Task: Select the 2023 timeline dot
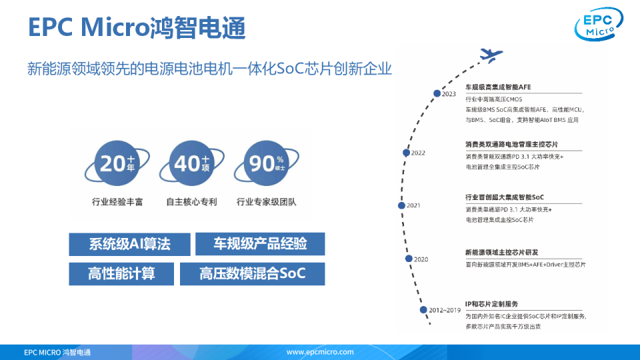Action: click(437, 93)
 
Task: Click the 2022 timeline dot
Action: click(406, 153)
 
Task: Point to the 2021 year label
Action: click(413, 205)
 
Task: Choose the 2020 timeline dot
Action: click(408, 258)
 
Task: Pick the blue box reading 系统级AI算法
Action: click(130, 244)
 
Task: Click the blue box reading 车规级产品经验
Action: click(260, 244)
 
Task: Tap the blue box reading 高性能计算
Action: click(121, 274)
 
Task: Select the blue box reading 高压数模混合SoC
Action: click(253, 274)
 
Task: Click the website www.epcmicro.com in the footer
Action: click(320, 351)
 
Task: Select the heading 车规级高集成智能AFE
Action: click(498, 87)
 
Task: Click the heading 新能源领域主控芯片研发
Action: click(501, 253)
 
